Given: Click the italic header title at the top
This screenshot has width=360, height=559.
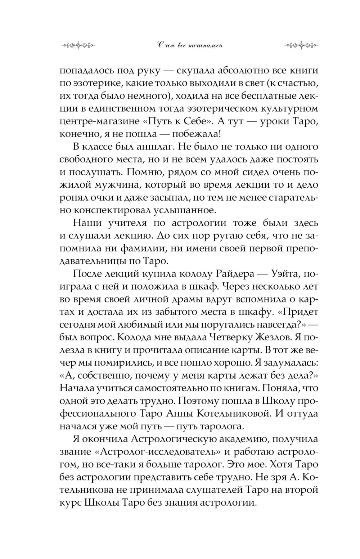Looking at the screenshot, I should tap(190, 45).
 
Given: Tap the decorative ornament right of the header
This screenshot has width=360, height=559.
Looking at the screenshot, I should tap(301, 45).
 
